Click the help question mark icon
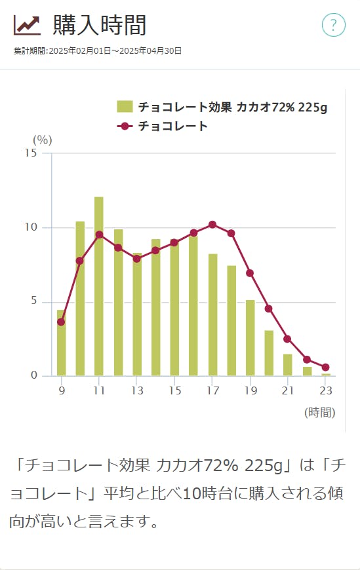(x=333, y=25)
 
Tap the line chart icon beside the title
(x=27, y=25)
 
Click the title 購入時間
(x=100, y=25)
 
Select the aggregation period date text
(x=98, y=50)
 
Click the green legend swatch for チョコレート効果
(x=125, y=107)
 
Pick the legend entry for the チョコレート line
(x=172, y=126)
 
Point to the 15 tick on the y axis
(x=31, y=153)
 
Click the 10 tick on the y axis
(x=31, y=227)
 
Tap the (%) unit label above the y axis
(x=43, y=140)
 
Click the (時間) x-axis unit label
(x=319, y=412)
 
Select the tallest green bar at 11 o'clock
(x=99, y=286)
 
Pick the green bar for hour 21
(x=288, y=365)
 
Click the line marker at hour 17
(x=212, y=225)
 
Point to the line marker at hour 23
(x=326, y=368)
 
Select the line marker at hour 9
(x=61, y=322)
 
